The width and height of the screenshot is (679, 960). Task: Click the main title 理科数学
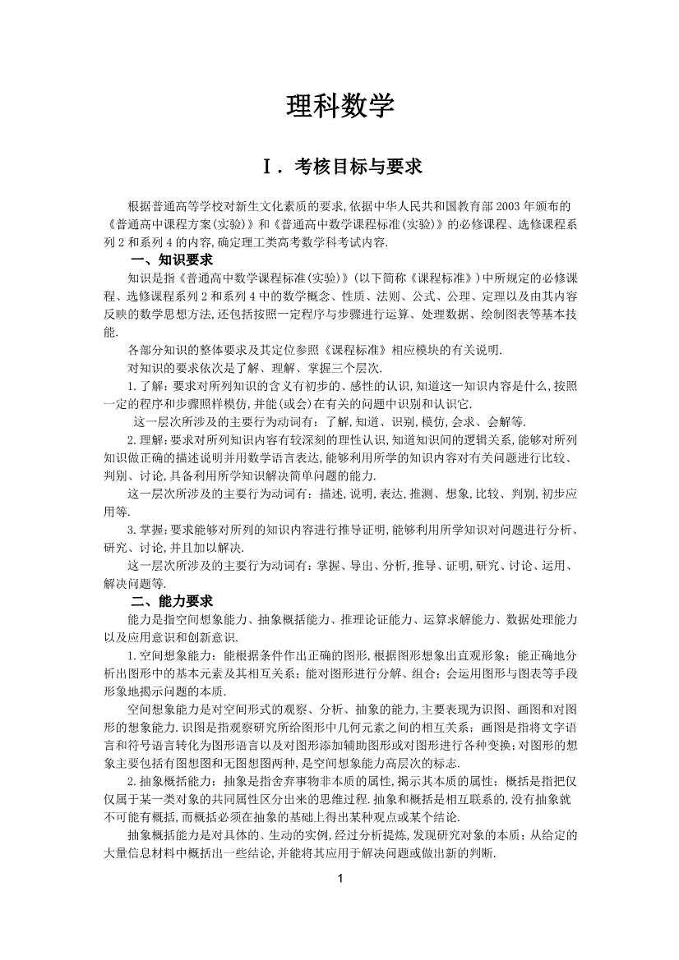click(x=339, y=106)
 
